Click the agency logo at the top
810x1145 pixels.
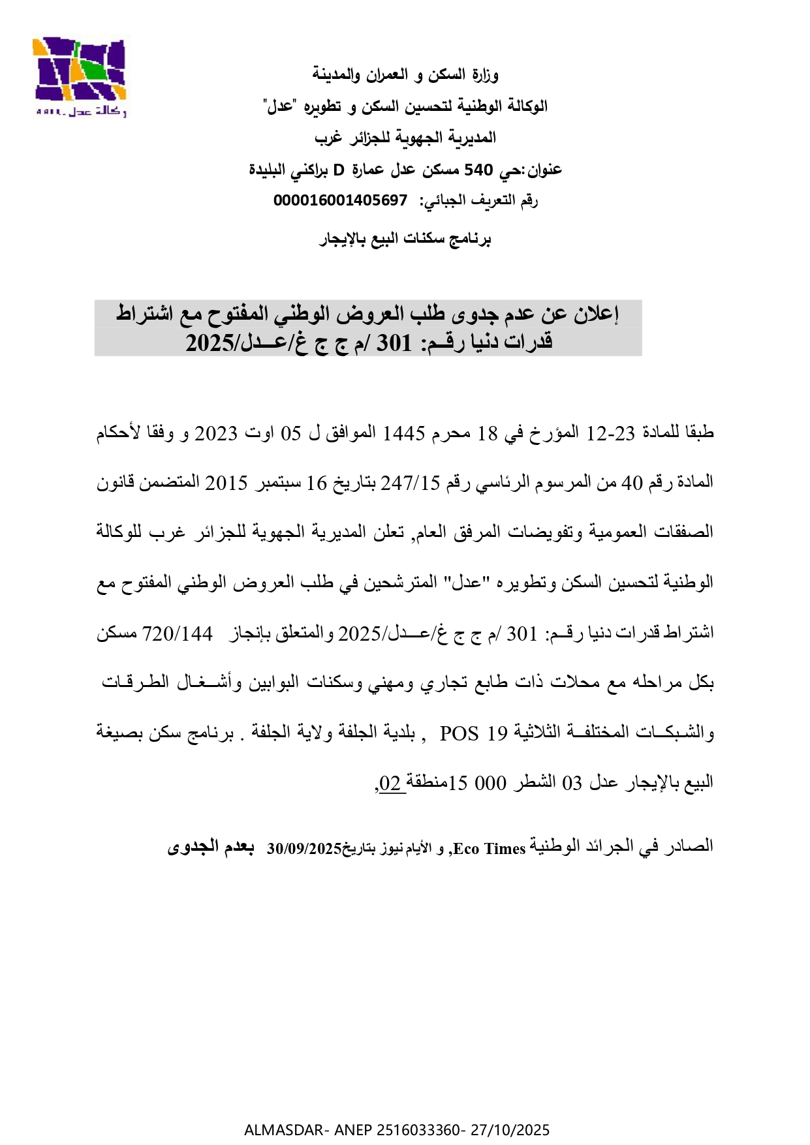click(x=79, y=77)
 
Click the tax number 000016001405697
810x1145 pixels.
click(x=340, y=200)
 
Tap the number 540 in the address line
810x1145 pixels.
click(x=478, y=170)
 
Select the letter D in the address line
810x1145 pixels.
click(x=339, y=170)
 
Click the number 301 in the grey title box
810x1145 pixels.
click(x=395, y=342)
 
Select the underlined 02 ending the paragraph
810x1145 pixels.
click(x=390, y=783)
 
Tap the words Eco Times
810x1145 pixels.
click(x=489, y=849)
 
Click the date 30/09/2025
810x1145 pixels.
click(x=304, y=849)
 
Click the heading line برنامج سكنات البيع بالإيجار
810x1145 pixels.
click(x=405, y=239)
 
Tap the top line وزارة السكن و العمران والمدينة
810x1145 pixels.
click(x=405, y=74)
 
